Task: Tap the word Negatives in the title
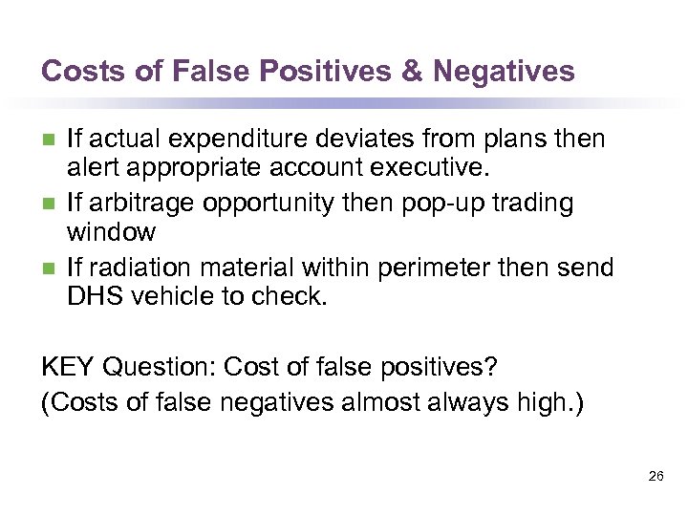click(x=505, y=72)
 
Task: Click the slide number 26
click(x=656, y=475)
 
